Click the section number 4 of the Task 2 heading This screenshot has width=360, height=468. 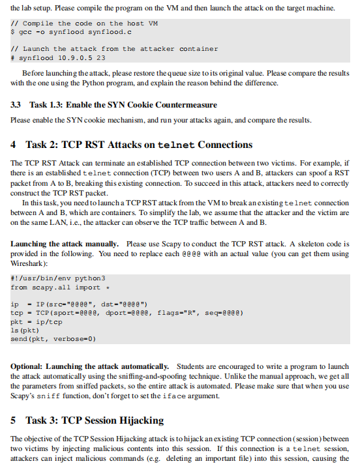pyautogui.click(x=14, y=144)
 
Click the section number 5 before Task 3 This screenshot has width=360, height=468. pyautogui.click(x=14, y=420)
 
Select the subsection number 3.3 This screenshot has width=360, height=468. pyautogui.click(x=17, y=105)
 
